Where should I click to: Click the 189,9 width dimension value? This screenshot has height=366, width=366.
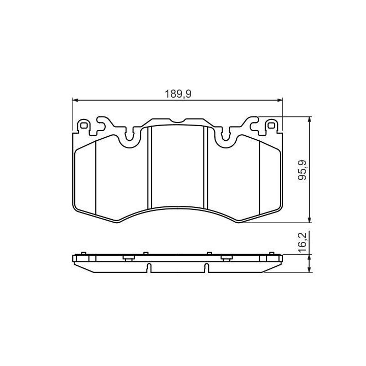(178, 94)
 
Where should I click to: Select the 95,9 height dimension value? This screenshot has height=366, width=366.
(302, 170)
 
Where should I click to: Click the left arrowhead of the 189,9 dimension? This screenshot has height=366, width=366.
(75, 100)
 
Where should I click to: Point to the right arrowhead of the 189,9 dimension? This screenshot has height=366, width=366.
(280, 100)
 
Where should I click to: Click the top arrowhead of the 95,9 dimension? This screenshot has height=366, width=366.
(310, 119)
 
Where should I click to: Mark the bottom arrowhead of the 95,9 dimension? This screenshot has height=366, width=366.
(310, 220)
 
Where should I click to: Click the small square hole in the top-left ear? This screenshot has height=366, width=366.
(83, 126)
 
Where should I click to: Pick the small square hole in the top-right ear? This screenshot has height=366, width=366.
(271, 126)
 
